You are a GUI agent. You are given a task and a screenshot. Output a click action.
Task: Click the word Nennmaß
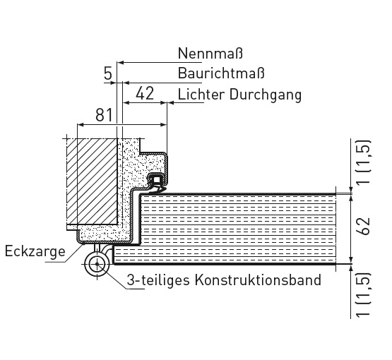point(210,53)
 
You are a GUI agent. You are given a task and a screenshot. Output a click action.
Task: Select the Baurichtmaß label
point(221,73)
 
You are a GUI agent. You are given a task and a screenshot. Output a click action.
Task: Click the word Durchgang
point(266,95)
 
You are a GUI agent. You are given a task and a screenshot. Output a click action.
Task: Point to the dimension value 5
point(108,73)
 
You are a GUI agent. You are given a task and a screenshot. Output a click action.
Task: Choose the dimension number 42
point(145,93)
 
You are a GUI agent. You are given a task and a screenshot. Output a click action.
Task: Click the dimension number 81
point(104,115)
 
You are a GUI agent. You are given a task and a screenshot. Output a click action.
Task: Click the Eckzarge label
point(35,251)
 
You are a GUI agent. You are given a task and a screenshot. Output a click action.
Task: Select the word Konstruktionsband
point(258,280)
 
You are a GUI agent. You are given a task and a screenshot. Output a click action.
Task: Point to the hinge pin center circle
point(97,264)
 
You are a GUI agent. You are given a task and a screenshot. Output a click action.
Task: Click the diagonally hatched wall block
point(92,181)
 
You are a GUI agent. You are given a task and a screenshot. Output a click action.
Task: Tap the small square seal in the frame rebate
point(157,179)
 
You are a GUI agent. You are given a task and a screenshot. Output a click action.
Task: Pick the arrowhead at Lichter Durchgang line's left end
point(171,102)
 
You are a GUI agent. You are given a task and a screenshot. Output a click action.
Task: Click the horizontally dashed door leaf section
point(237,229)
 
